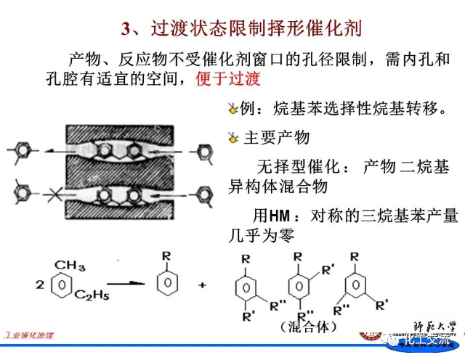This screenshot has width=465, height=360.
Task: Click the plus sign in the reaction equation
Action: (203, 285)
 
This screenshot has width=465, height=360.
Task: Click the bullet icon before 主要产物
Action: (233, 137)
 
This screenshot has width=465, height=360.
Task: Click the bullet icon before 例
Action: (233, 108)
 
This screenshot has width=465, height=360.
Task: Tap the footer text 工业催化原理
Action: (29, 336)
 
